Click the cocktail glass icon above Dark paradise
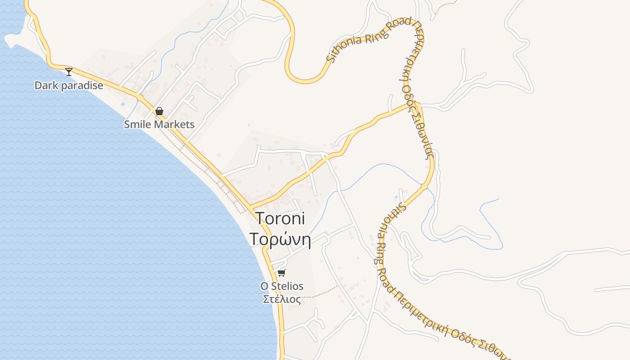(x=69, y=72)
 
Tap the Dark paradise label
(x=69, y=85)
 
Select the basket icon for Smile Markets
(x=159, y=111)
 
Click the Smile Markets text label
(x=159, y=124)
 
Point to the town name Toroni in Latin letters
(x=280, y=218)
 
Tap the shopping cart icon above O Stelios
(x=282, y=273)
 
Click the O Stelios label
(x=282, y=286)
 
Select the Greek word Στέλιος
(x=282, y=299)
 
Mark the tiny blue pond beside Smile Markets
(x=123, y=104)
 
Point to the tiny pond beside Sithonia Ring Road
(x=396, y=197)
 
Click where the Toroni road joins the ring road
(x=417, y=105)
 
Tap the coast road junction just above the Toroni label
(x=249, y=207)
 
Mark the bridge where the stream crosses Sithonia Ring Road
(x=424, y=186)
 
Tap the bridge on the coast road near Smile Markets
(x=140, y=97)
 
